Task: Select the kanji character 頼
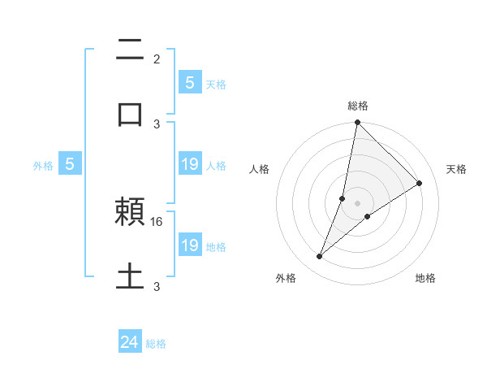(x=130, y=214)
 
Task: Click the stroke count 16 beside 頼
(x=157, y=221)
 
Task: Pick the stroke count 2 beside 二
(x=157, y=59)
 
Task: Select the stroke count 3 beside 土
(x=157, y=286)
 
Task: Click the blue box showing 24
(x=130, y=342)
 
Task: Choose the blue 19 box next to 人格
(x=190, y=164)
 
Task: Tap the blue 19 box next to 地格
(x=190, y=245)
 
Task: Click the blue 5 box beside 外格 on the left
(x=70, y=164)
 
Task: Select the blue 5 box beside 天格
(x=189, y=82)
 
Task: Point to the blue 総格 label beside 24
(x=156, y=344)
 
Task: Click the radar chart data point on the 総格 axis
(x=357, y=123)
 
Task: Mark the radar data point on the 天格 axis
(x=420, y=183)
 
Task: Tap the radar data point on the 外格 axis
(x=320, y=257)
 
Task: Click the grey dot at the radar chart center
(x=357, y=203)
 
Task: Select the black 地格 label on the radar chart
(x=425, y=279)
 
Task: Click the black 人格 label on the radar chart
(x=260, y=169)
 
